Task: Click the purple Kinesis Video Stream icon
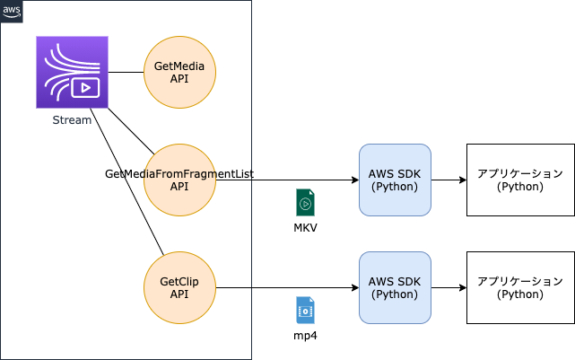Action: (x=72, y=72)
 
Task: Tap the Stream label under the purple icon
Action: (x=72, y=120)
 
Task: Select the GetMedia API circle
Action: (x=180, y=72)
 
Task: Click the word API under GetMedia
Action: (x=180, y=79)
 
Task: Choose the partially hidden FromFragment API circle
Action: (x=180, y=180)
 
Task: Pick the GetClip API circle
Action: (x=180, y=287)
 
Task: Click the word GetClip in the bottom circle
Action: (x=180, y=281)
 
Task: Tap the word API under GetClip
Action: (x=180, y=294)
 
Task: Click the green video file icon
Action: (x=305, y=203)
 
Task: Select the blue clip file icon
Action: (x=305, y=310)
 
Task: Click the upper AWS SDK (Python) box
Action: (x=395, y=180)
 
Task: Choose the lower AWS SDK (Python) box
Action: (x=395, y=287)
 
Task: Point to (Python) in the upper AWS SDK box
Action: (x=395, y=187)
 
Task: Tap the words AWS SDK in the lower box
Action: (x=395, y=281)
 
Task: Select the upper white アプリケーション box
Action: (x=520, y=180)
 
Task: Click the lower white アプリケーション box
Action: (x=520, y=287)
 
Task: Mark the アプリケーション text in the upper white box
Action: (x=520, y=173)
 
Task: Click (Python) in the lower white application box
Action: (x=520, y=294)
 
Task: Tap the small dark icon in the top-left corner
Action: (x=12, y=12)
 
